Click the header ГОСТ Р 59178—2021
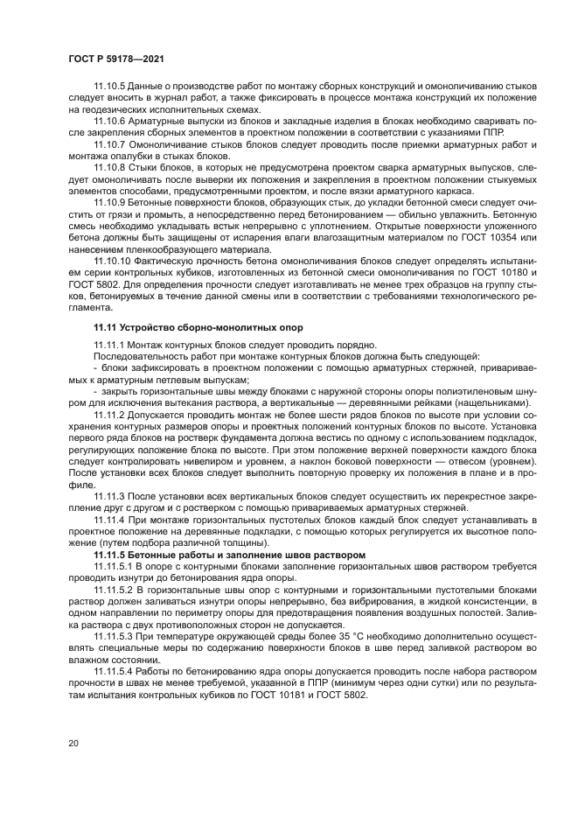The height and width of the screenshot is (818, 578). point(116,58)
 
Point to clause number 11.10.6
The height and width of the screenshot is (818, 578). point(110,121)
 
